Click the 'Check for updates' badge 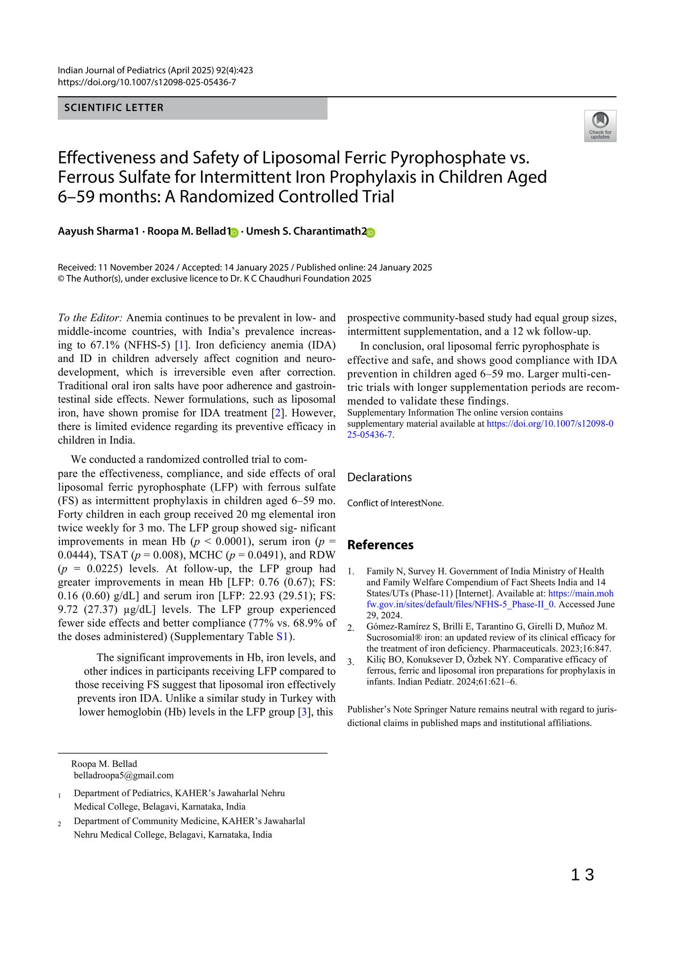(600, 126)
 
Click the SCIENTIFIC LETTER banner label (114, 108)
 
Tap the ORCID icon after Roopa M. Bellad (234, 232)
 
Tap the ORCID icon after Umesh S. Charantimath (370, 232)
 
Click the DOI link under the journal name (147, 82)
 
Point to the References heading (380, 545)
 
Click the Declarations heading (379, 477)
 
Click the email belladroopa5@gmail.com (124, 775)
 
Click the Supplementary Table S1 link (282, 637)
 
